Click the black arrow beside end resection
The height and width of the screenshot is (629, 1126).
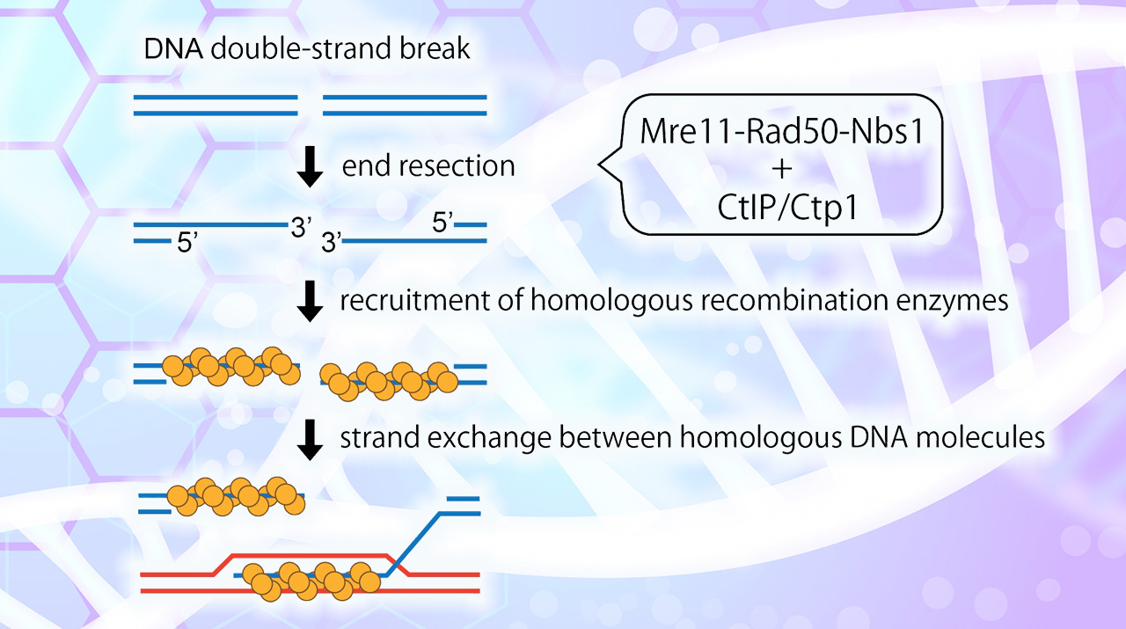click(x=311, y=167)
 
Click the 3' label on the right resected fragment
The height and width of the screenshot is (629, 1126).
click(x=332, y=244)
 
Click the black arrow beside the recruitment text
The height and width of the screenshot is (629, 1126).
click(x=311, y=304)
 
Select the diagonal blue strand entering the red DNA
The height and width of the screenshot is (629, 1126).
click(x=418, y=537)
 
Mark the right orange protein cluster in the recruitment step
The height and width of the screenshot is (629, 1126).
click(x=388, y=377)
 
